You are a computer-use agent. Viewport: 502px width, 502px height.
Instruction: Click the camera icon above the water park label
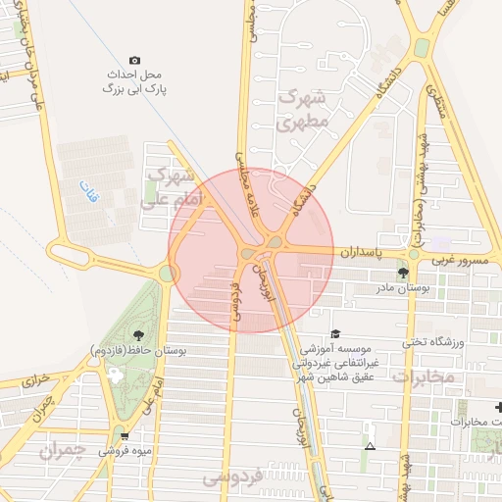[134, 60]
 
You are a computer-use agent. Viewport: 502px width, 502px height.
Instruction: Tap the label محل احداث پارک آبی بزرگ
[135, 81]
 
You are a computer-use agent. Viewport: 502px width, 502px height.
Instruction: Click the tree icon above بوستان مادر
[402, 272]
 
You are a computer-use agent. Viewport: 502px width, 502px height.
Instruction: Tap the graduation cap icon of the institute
[336, 333]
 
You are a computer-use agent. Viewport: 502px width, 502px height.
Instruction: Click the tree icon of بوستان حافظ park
[136, 335]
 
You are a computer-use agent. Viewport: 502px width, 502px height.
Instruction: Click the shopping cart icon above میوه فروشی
[124, 435]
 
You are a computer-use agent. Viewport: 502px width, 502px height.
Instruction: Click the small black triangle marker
[370, 446]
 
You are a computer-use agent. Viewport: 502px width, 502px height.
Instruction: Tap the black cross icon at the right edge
[498, 407]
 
